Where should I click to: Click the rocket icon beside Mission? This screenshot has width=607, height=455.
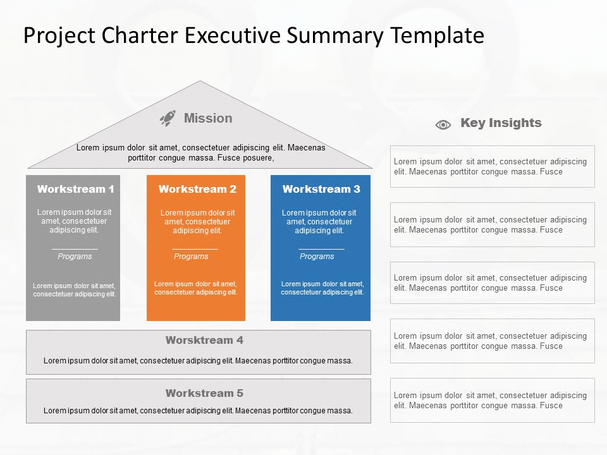coord(168,118)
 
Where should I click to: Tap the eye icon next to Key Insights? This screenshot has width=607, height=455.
coord(443,124)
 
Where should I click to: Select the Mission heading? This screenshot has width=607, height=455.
coord(208,118)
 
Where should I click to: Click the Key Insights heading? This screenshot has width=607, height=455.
coord(501,123)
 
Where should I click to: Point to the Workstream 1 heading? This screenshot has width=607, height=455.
coord(76,189)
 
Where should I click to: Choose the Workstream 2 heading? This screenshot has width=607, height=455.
coord(197,189)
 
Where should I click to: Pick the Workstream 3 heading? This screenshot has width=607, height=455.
coord(321,189)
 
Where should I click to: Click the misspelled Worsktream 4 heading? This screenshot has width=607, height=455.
coord(204,340)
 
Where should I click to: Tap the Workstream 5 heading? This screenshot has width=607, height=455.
coord(204,393)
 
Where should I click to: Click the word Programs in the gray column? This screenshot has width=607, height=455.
coord(75,257)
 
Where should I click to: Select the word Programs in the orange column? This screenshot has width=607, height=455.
coord(191,257)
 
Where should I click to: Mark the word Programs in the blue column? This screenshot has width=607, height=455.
coord(317,257)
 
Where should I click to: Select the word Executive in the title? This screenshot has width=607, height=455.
coord(232,35)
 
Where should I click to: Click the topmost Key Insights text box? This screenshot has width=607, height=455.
coord(492,166)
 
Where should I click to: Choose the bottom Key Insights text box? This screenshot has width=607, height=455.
coord(492,400)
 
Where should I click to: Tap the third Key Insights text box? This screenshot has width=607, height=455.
coord(492,282)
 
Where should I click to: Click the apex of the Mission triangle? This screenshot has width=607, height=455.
coord(200,82)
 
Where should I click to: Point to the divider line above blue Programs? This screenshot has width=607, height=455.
coord(321,249)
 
